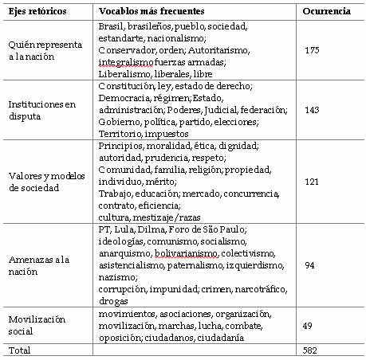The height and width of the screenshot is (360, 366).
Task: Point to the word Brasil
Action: pos(110,27)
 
